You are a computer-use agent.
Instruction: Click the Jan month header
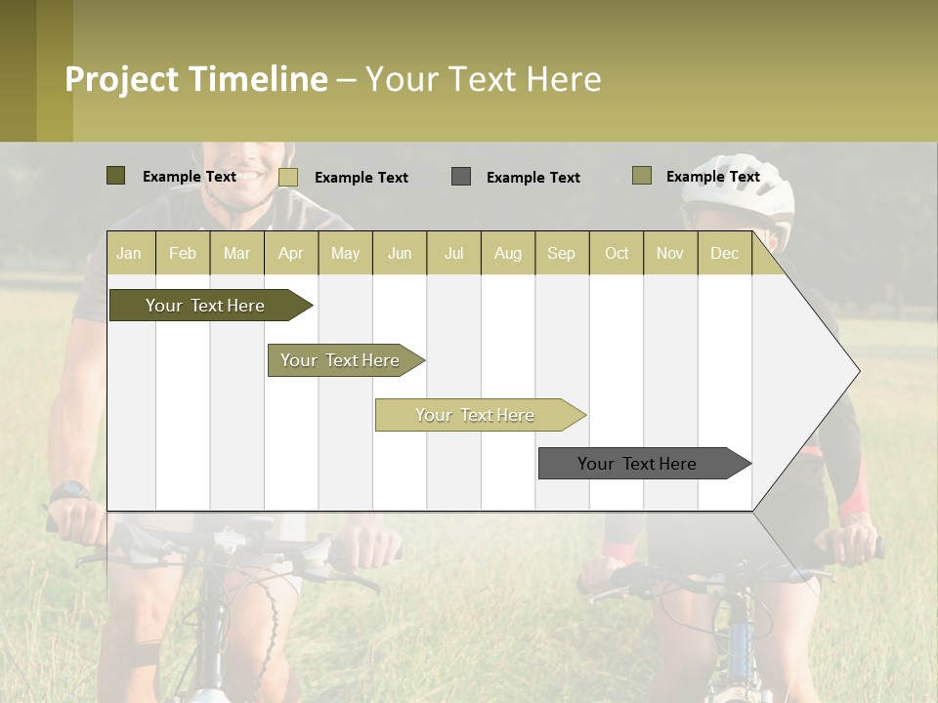click(130, 253)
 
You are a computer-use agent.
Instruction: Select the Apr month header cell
click(291, 253)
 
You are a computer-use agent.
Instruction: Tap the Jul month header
click(453, 253)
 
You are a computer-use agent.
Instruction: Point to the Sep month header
click(562, 253)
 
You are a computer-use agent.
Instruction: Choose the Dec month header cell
click(724, 253)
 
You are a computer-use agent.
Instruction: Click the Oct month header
click(617, 253)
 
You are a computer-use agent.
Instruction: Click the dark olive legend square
click(115, 176)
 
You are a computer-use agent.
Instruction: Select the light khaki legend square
click(288, 177)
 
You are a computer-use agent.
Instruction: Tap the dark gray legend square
click(461, 176)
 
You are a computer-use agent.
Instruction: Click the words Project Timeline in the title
click(195, 79)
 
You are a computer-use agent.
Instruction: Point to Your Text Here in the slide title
click(484, 79)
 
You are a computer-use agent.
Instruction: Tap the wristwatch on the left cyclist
click(68, 491)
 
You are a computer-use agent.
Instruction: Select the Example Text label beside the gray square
click(533, 178)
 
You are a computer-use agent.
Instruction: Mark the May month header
click(345, 253)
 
